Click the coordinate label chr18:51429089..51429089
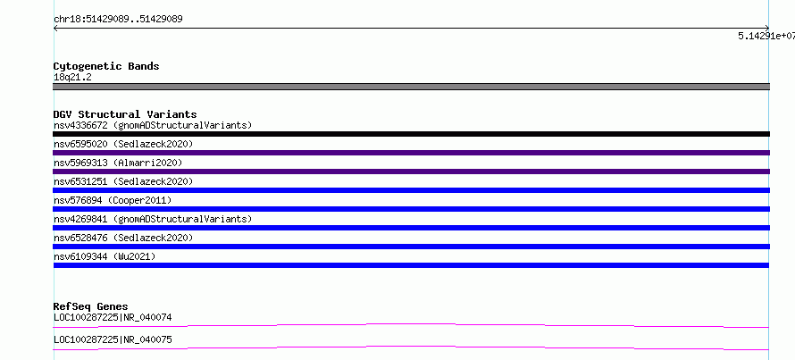[118, 20]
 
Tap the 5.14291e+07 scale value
[766, 36]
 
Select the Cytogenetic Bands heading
[106, 66]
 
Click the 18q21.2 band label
[72, 78]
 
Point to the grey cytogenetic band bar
[411, 87]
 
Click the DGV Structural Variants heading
[125, 114]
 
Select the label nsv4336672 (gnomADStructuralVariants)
[153, 125]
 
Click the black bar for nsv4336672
[411, 134]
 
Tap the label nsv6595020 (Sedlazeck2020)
[123, 144]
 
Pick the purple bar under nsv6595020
[411, 153]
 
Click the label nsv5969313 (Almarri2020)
[118, 163]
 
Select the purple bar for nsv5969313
[411, 172]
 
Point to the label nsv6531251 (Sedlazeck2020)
[123, 181]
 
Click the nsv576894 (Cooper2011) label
[113, 200]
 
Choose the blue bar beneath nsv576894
[411, 209]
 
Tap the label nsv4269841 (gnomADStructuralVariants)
[153, 219]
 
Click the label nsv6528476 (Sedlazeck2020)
[123, 238]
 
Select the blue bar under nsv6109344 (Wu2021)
[411, 265]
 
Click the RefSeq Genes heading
[91, 306]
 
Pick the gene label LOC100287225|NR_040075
[113, 339]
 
